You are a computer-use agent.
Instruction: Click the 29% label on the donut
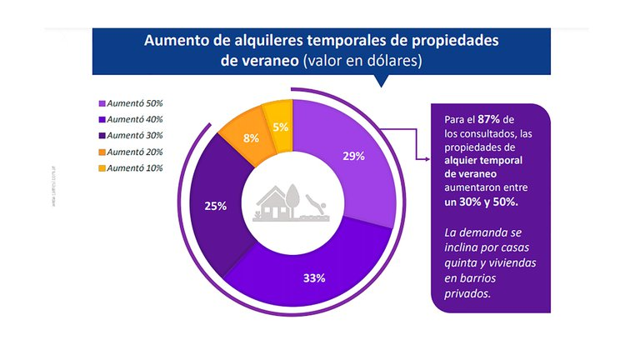(353, 156)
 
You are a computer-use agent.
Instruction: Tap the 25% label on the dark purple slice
(215, 206)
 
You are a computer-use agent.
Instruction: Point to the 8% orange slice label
(250, 139)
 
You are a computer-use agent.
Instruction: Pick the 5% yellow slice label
(280, 127)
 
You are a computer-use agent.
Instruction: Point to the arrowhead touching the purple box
(426, 156)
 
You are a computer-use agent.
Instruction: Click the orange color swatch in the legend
(102, 152)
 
